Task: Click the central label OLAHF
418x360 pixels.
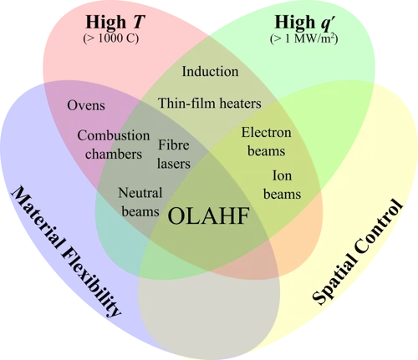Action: click(x=208, y=216)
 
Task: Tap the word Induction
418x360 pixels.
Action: click(x=210, y=71)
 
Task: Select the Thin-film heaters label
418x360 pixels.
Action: click(x=210, y=103)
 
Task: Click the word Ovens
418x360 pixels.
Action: click(x=86, y=105)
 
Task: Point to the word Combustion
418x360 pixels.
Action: click(x=114, y=135)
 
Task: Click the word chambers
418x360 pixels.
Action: click(x=114, y=154)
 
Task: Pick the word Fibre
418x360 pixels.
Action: click(x=174, y=145)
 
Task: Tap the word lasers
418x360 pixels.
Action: click(x=174, y=163)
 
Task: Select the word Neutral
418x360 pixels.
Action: click(x=140, y=193)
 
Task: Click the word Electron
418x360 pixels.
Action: click(x=266, y=133)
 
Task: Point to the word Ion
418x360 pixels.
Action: click(x=282, y=175)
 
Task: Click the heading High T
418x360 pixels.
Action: click(x=115, y=22)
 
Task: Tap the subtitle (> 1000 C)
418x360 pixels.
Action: click(x=111, y=38)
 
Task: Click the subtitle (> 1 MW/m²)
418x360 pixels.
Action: click(x=303, y=38)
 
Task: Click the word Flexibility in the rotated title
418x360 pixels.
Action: click(x=90, y=283)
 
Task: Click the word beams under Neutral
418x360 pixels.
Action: click(x=140, y=211)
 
